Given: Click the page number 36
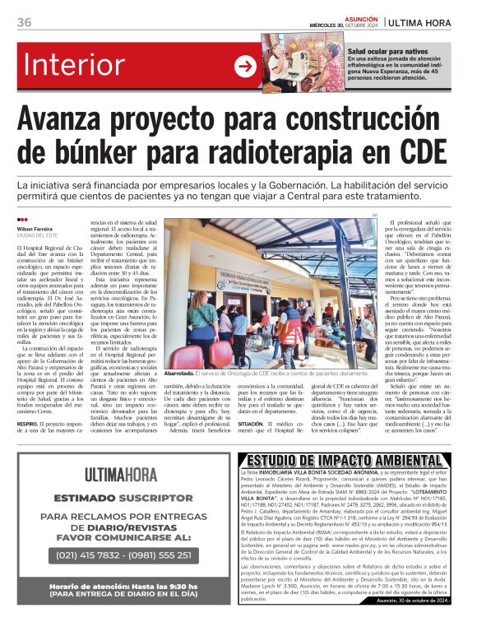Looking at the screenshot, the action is click(x=24, y=22).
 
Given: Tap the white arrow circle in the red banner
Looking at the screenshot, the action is click(x=246, y=66).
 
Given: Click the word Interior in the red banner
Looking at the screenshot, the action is click(x=86, y=66).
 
